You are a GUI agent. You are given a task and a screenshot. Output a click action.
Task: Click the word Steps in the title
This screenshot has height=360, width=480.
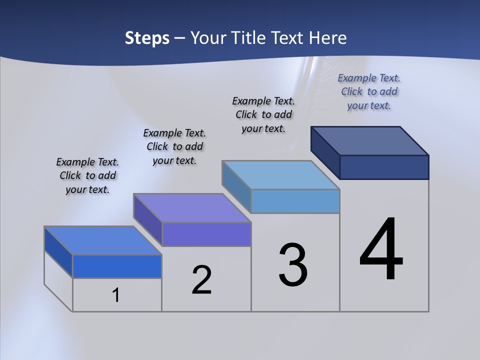point(147,38)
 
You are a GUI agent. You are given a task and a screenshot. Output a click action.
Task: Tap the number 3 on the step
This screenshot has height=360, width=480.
point(293,265)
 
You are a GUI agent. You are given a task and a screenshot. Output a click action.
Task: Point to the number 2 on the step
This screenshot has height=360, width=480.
point(201,280)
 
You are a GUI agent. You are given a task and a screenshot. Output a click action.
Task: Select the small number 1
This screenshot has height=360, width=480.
point(115,295)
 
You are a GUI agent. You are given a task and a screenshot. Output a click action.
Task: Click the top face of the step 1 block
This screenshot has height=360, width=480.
point(103,240)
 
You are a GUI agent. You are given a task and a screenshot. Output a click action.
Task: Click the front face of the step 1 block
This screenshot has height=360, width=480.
point(117,266)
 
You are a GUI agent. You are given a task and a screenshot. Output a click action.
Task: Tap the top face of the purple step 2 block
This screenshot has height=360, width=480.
point(192,208)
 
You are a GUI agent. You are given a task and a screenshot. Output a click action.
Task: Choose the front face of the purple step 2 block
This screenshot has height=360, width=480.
point(206,234)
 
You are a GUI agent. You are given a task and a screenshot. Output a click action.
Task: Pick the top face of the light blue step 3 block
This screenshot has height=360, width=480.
point(281,175)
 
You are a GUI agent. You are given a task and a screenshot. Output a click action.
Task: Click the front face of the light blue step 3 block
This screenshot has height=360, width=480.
point(295,201)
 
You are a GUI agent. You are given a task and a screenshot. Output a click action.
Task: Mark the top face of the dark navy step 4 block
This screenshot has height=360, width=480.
point(370,140)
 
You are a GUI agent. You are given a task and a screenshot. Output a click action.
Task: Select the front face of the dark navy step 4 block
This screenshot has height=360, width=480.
point(384,167)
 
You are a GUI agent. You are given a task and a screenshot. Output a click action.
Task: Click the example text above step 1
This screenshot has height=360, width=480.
point(87,175)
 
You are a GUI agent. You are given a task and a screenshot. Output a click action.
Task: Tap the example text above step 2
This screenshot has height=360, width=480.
point(174,146)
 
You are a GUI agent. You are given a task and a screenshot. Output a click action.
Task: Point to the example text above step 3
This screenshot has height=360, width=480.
point(263,114)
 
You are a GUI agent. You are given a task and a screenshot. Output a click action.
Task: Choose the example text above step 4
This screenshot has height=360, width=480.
point(369,91)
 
